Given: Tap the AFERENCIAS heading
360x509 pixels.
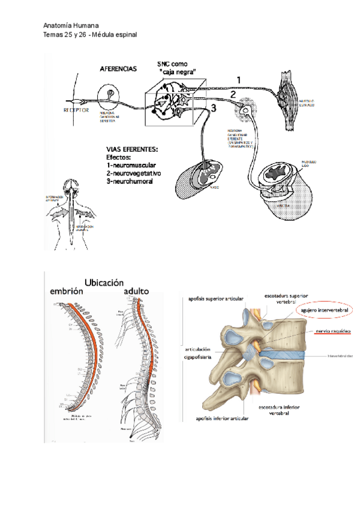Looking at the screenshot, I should tap(118, 69).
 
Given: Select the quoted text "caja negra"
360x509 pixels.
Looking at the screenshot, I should tap(178, 73).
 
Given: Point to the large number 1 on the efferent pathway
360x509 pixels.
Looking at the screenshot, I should tap(238, 79).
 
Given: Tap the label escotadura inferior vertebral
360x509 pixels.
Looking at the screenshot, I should tap(281, 411).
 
